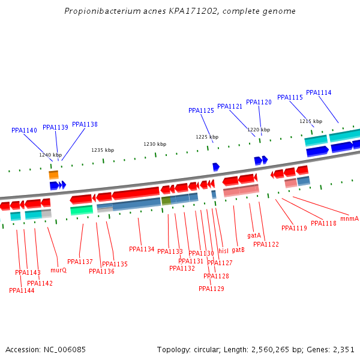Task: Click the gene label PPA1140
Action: [x=24, y=130]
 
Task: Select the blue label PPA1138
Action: [x=85, y=124]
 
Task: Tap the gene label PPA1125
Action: [x=201, y=110]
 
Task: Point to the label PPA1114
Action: [x=319, y=92]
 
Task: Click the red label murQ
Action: [x=58, y=270]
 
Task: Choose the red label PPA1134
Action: [x=142, y=249]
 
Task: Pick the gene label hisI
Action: [x=223, y=251]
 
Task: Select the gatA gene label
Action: [x=254, y=235]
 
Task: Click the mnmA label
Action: [x=349, y=218]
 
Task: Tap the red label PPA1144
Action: [x=22, y=290]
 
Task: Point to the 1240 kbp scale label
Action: [x=50, y=155]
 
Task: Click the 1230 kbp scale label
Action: [x=155, y=144]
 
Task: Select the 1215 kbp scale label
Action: [x=311, y=121]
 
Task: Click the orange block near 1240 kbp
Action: [x=53, y=175]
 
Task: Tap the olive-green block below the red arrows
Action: [x=166, y=200]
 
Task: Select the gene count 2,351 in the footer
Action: [x=343, y=349]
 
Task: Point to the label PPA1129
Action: [x=211, y=289]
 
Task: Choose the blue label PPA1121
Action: [x=230, y=106]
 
